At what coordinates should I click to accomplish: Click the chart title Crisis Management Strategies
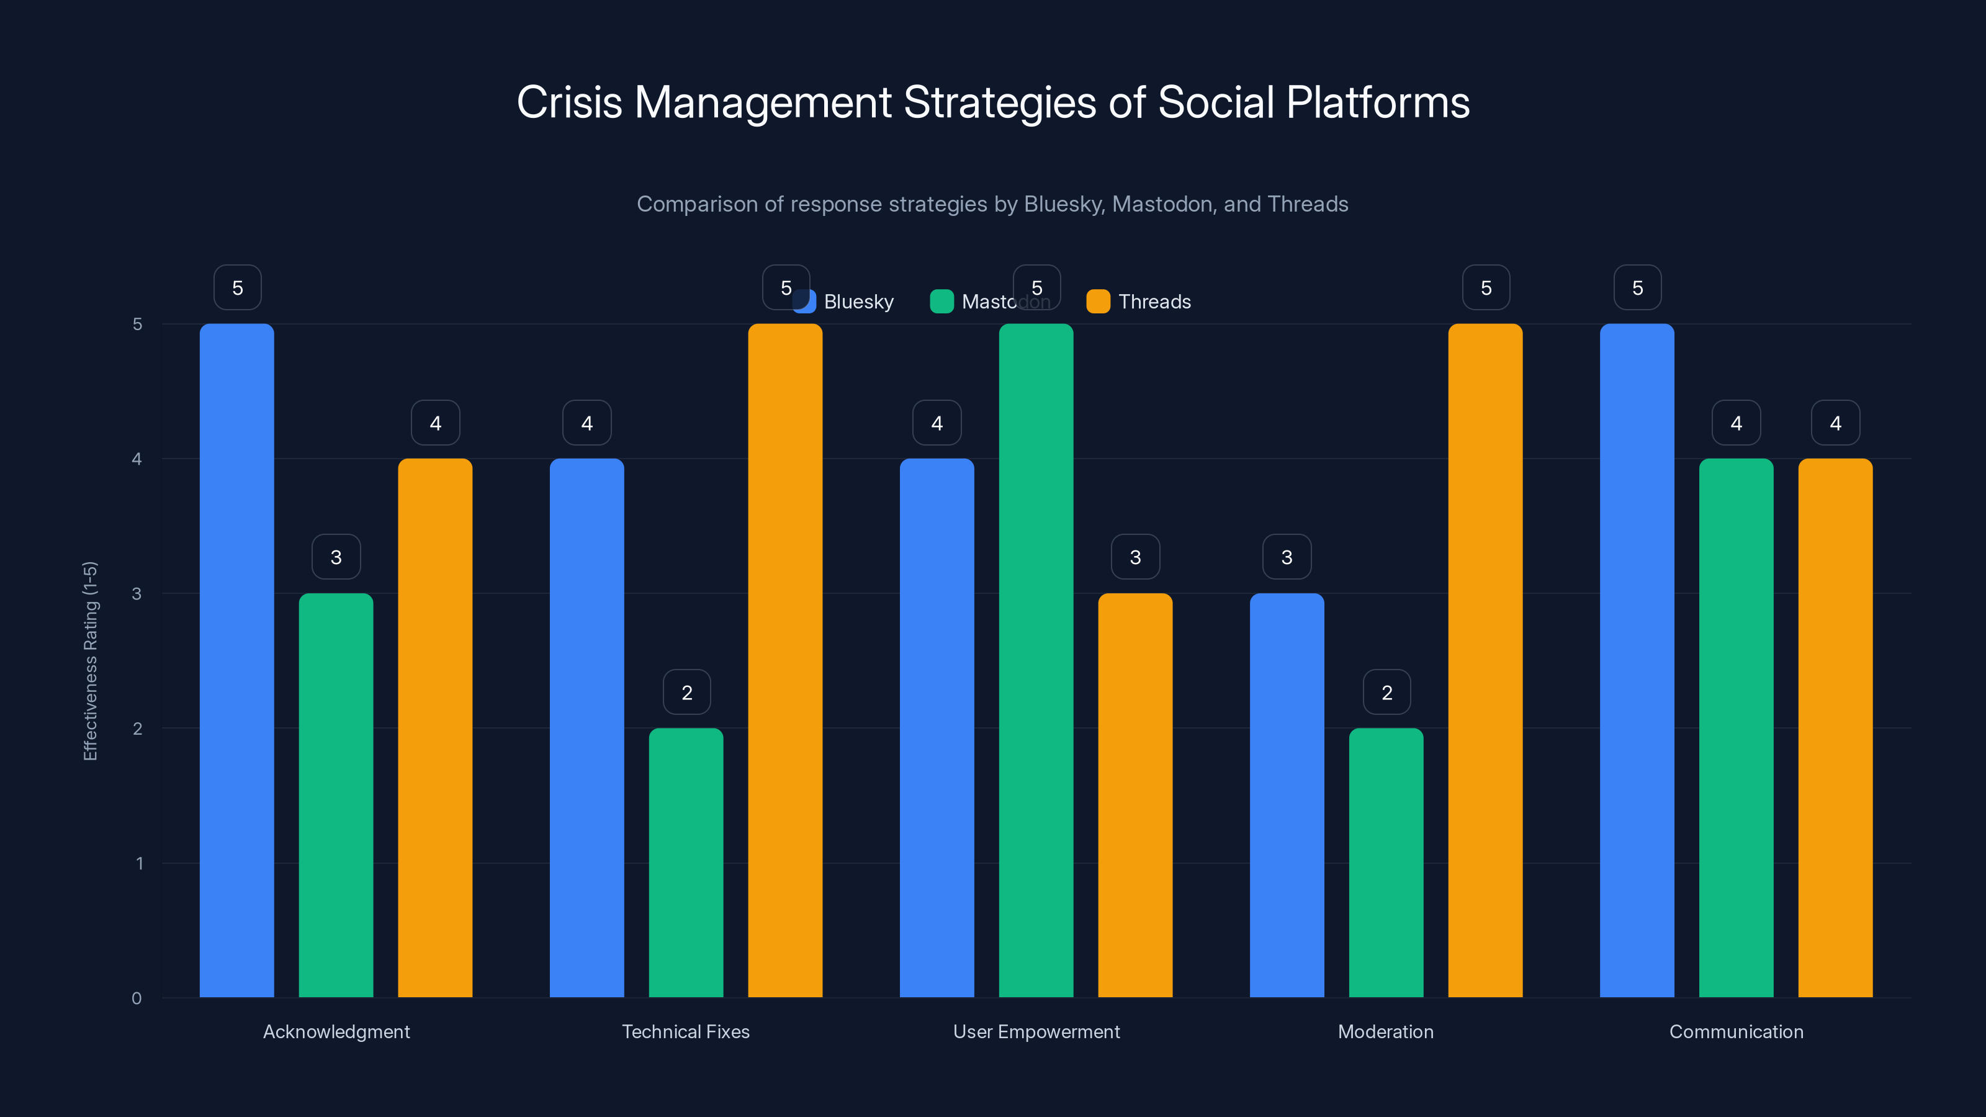993,102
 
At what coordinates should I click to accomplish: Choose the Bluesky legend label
858,302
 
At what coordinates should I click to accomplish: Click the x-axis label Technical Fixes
685,1031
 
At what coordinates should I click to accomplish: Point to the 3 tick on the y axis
137,594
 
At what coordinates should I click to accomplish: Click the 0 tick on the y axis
137,998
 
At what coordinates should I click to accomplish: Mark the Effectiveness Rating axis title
90,661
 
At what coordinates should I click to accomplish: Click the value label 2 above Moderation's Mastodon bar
1386,693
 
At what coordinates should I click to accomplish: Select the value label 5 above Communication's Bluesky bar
1637,287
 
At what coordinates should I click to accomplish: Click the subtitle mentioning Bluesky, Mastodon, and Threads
992,204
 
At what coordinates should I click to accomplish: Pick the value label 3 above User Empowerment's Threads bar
1135,557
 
